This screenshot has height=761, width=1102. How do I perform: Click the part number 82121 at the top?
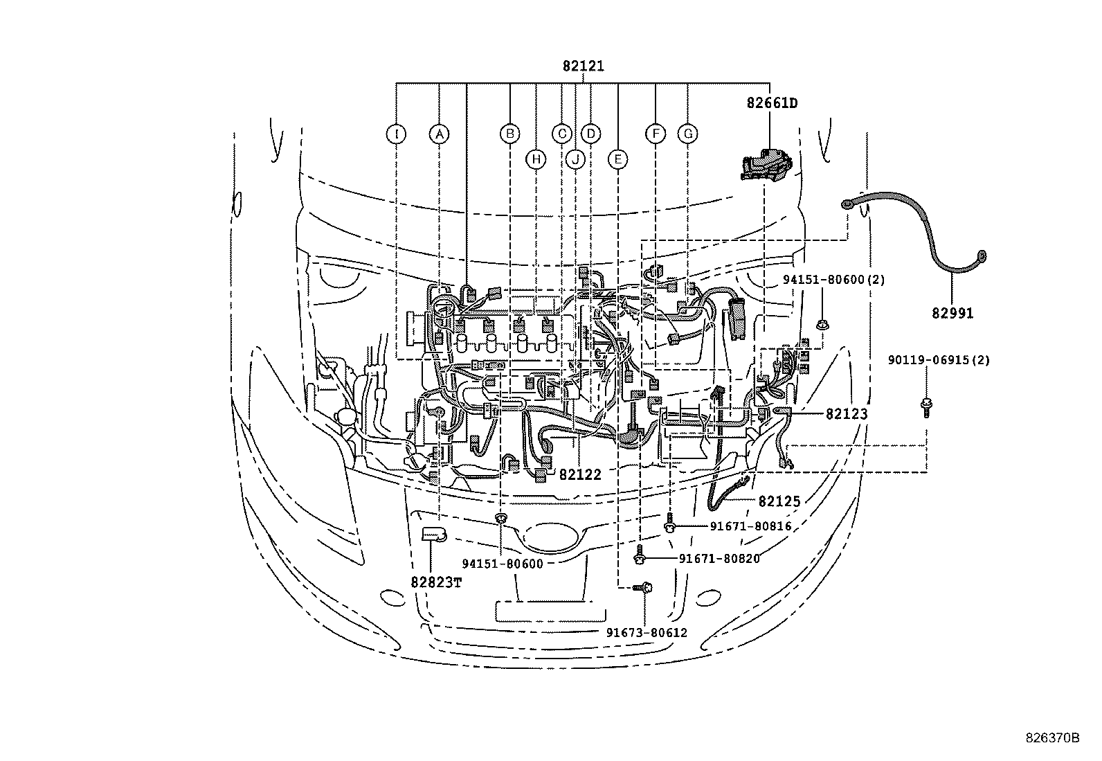pyautogui.click(x=584, y=66)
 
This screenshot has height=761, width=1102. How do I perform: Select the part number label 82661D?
pyautogui.click(x=772, y=103)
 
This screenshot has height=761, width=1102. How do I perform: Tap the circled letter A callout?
pyautogui.click(x=439, y=134)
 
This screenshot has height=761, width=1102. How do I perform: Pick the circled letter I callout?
pyautogui.click(x=396, y=134)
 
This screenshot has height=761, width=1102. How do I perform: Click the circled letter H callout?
pyautogui.click(x=536, y=159)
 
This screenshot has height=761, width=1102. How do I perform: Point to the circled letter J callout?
pyautogui.click(x=575, y=159)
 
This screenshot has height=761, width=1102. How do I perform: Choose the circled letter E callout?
pyautogui.click(x=618, y=159)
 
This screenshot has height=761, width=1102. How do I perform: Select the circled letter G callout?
pyautogui.click(x=688, y=134)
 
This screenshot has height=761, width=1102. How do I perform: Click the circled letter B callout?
pyautogui.click(x=510, y=134)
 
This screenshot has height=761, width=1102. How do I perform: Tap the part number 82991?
pyautogui.click(x=952, y=313)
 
